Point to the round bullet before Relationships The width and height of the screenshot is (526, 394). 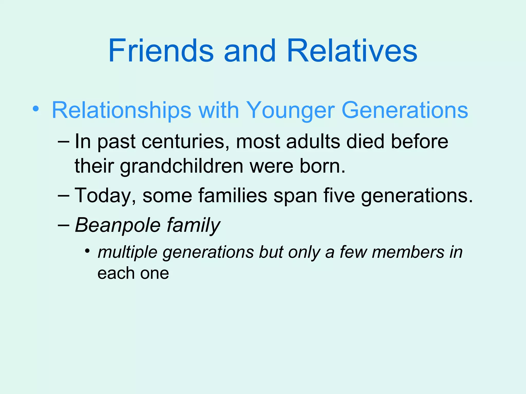tap(36, 109)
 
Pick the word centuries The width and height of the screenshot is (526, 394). tap(185, 142)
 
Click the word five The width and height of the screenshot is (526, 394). tap(339, 196)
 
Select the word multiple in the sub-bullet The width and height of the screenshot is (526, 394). tap(127, 253)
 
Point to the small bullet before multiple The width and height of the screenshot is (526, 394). tap(88, 251)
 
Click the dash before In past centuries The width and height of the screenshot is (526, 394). tap(63, 141)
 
